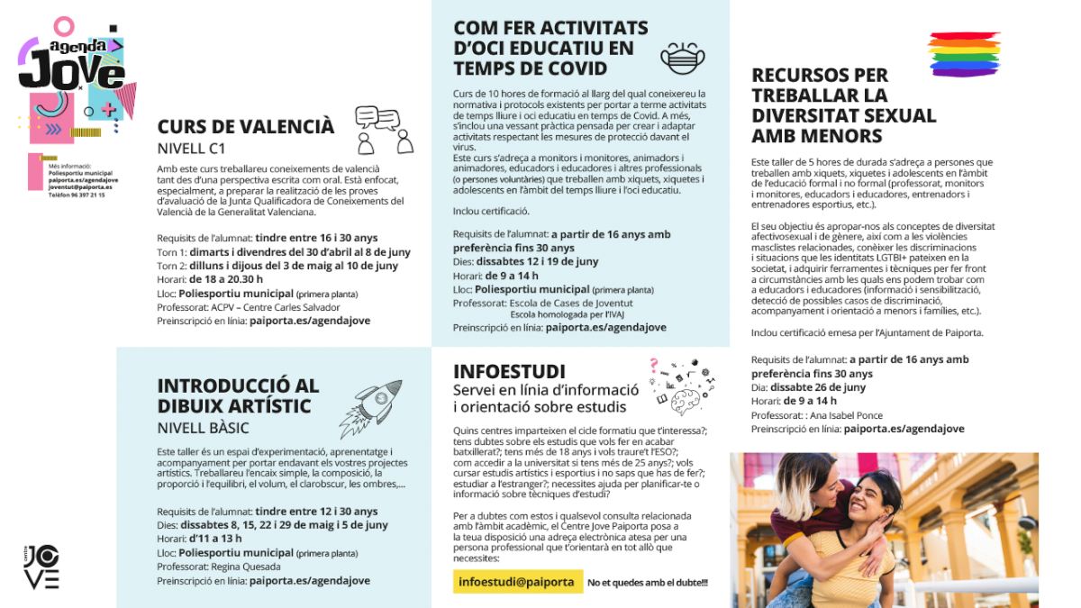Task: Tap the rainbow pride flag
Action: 964,55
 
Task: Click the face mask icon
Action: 682,58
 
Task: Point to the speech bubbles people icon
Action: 384,130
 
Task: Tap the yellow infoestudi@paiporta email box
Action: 516,582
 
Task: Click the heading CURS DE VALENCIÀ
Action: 245,127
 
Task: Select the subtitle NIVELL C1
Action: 191,149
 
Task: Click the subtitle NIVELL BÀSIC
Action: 203,428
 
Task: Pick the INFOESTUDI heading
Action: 509,372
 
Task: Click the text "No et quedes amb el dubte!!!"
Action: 647,583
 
